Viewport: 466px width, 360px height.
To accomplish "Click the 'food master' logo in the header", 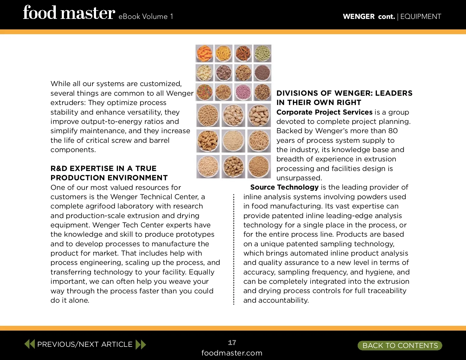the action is point(69,13).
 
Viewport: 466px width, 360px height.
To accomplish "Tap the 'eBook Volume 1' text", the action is point(146,16).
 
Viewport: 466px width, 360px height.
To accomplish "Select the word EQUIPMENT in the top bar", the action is point(420,16).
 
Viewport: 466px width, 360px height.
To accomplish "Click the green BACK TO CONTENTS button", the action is point(400,345).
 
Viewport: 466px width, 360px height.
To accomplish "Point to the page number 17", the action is point(232,342).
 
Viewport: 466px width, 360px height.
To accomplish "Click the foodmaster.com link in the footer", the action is point(232,353).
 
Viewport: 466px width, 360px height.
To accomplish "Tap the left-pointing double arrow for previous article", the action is point(30,344).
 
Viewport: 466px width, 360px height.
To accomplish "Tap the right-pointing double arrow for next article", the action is point(141,344).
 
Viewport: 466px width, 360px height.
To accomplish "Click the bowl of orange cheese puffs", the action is point(204,53).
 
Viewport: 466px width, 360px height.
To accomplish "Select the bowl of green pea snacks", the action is point(262,53).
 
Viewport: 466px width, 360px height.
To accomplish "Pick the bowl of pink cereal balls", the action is point(243,92).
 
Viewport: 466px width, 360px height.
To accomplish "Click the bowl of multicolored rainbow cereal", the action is point(204,92).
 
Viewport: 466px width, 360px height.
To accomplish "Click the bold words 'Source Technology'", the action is point(284,187).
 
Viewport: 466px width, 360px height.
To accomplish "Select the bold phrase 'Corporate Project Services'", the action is point(324,112).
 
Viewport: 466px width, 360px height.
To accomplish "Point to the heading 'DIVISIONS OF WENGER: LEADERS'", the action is point(344,93).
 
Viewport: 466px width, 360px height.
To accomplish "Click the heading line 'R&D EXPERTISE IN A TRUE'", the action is point(103,168).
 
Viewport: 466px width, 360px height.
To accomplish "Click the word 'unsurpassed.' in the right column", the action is point(299,178).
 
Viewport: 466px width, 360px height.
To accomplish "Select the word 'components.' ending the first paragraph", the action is point(73,150).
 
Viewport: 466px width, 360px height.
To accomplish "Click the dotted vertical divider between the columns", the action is point(234,249).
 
